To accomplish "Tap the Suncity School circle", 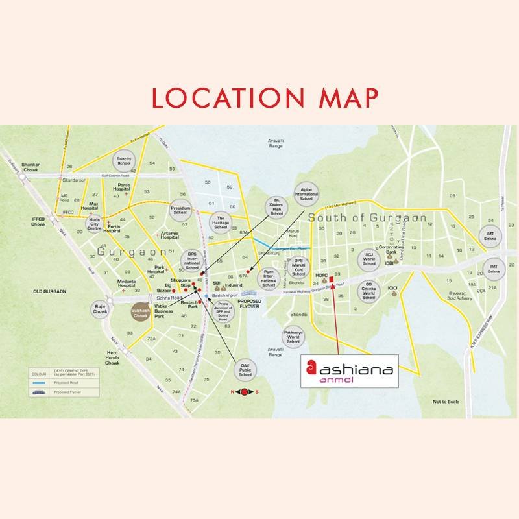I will (124, 159).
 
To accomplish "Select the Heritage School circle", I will (221, 223).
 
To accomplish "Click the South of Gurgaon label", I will (367, 218).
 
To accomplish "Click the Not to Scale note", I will (446, 402).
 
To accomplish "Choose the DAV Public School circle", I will (245, 370).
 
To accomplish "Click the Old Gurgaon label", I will (50, 292).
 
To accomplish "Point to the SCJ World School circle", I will (368, 259).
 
